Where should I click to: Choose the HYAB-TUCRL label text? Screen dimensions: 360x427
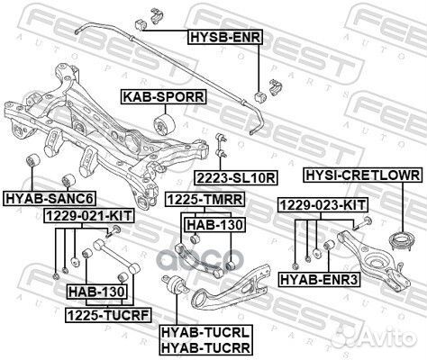(205, 331)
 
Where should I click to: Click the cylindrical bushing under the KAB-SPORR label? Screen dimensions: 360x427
(167, 122)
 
